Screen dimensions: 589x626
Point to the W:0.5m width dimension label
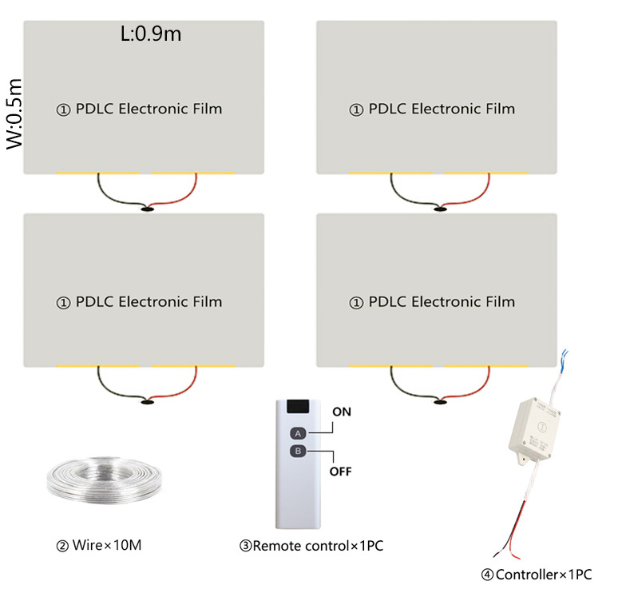(16, 113)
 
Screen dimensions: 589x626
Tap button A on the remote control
(297, 433)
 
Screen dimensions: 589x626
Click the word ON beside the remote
(341, 412)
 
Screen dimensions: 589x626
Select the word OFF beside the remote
(341, 471)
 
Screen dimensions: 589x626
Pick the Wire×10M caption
(100, 547)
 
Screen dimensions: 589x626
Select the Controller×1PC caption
(536, 575)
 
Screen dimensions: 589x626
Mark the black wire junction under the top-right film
(440, 209)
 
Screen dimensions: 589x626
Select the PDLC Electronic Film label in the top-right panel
(432, 109)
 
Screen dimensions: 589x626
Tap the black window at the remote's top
(298, 407)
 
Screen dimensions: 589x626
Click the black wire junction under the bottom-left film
(148, 403)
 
